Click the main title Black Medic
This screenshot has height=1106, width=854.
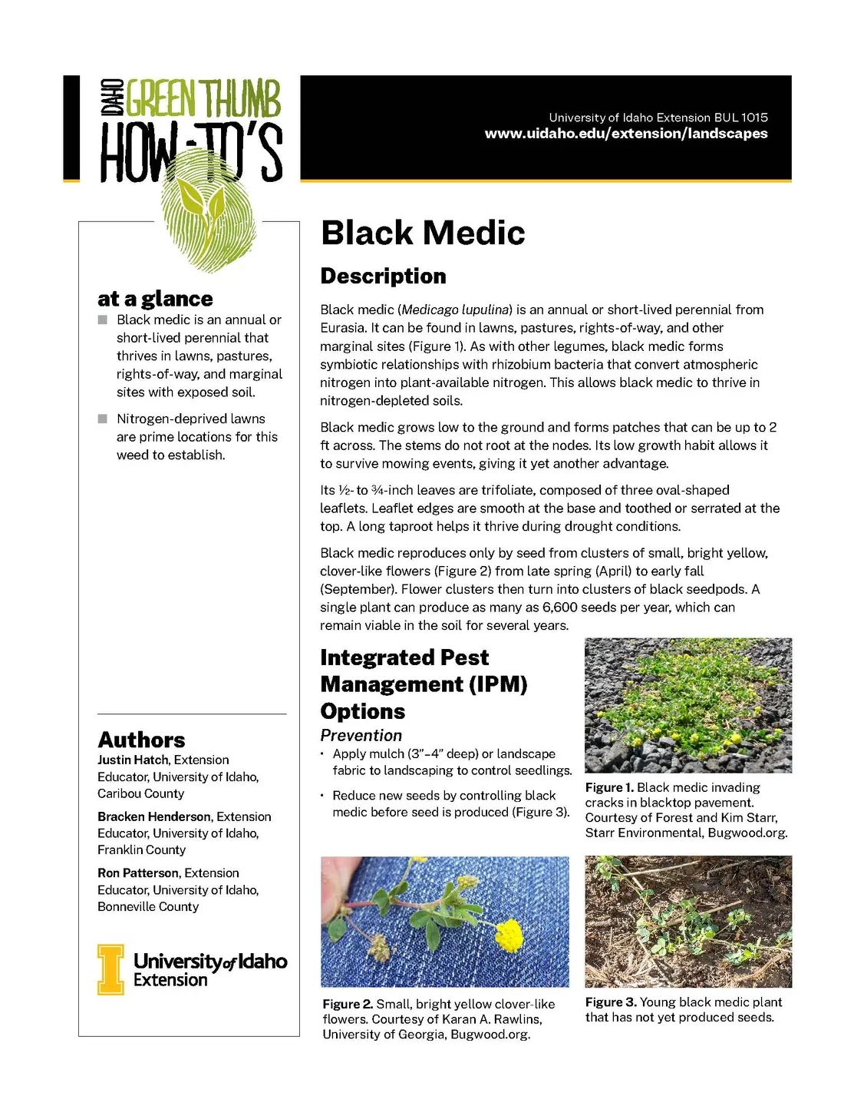423,233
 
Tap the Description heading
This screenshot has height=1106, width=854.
383,276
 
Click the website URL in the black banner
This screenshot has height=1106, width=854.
625,134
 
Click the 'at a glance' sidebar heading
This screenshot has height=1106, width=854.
155,299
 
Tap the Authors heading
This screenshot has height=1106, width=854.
141,740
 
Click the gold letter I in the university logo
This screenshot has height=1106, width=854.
110,969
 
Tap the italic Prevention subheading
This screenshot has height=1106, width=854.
361,735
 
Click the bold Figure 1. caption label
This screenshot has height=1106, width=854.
609,787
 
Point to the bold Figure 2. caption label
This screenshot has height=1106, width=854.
348,1004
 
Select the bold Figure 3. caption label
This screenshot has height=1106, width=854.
611,1002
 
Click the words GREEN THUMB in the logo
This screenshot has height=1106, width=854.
203,98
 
